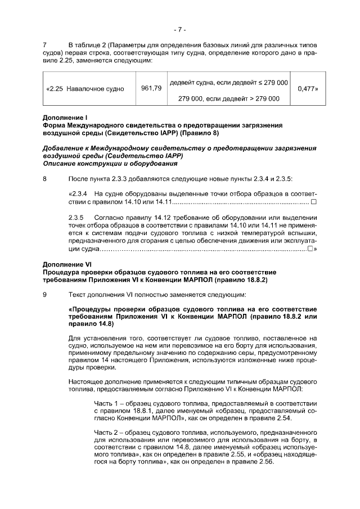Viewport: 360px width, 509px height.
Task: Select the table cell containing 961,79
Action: click(x=151, y=88)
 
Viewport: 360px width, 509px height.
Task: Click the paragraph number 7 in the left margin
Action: click(x=45, y=44)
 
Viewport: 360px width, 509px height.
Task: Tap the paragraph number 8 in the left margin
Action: click(x=45, y=178)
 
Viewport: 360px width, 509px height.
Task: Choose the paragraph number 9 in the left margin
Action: click(x=45, y=294)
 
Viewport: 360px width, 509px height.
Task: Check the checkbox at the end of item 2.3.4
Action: click(x=314, y=201)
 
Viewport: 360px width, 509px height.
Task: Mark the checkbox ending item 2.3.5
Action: click(x=310, y=248)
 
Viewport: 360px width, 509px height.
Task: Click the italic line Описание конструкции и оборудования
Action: click(x=110, y=164)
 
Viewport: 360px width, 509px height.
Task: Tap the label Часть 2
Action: click(x=106, y=431)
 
